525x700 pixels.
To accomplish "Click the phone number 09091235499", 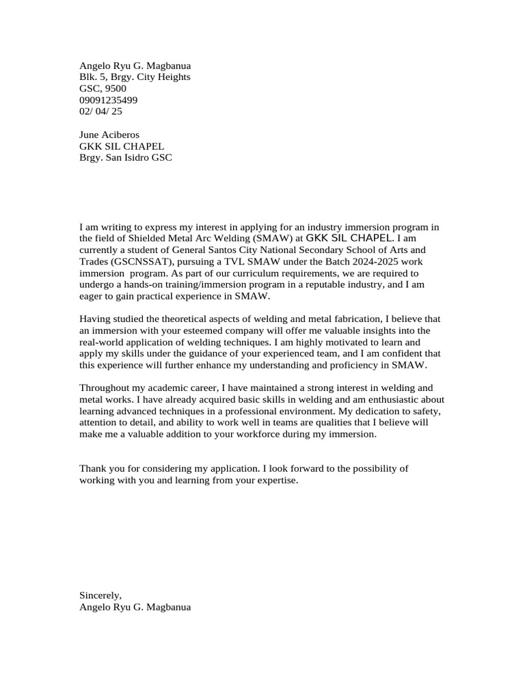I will pyautogui.click(x=108, y=100).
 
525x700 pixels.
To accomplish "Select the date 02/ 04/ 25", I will pyautogui.click(x=100, y=111).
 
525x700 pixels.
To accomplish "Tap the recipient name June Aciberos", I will pyautogui.click(x=109, y=135).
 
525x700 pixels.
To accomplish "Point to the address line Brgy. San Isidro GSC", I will pyautogui.click(x=126, y=157).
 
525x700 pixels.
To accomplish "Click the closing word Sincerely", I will pyautogui.click(x=100, y=595).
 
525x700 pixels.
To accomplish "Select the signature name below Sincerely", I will pyautogui.click(x=135, y=606).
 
